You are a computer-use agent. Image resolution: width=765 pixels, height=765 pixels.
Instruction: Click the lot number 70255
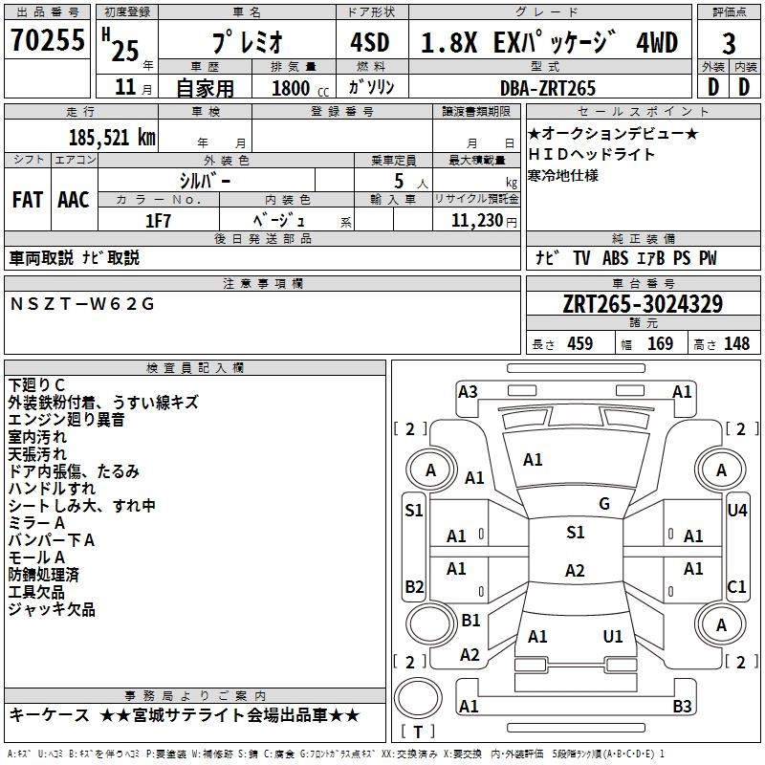point(47,41)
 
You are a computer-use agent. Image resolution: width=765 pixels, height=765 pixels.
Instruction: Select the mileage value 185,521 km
point(113,138)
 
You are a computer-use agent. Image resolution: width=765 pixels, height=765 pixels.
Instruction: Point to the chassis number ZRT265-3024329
point(643,304)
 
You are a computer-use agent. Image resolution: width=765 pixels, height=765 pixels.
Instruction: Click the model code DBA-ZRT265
point(547,88)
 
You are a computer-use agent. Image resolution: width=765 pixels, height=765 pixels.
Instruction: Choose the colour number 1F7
point(158,220)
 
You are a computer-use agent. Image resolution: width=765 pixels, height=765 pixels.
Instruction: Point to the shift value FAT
point(28,199)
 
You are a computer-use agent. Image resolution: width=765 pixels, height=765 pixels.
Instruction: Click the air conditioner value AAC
point(74,199)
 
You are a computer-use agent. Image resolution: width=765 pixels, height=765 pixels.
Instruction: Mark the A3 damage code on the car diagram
point(468,391)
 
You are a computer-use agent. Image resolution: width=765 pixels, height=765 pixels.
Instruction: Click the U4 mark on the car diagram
point(737,511)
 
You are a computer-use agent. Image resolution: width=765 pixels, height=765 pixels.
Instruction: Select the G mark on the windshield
point(604,504)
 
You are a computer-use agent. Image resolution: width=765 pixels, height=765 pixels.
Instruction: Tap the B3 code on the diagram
point(682,707)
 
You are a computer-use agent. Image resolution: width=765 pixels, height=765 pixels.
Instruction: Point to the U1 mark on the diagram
point(613,636)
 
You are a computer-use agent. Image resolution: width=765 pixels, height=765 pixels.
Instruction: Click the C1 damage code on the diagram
point(737,586)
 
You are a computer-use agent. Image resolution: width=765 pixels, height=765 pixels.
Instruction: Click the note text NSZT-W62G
point(81,304)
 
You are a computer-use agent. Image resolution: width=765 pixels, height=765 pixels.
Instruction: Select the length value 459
point(579,344)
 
